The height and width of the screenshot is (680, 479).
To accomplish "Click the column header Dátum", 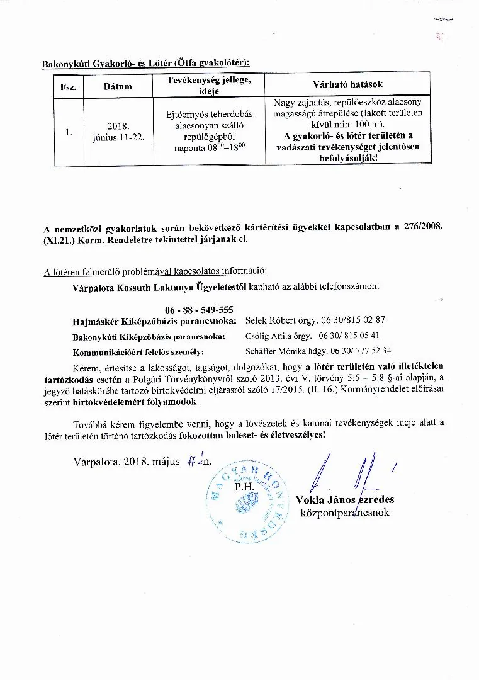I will (x=118, y=86).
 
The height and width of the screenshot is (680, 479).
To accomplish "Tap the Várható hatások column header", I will (x=347, y=84).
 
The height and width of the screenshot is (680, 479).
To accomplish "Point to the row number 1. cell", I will (x=69, y=132).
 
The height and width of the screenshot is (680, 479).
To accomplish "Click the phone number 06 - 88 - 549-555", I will (x=200, y=310).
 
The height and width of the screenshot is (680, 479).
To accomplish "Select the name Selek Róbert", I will (x=269, y=320).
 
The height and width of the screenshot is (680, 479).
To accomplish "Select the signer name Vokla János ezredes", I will (x=345, y=499).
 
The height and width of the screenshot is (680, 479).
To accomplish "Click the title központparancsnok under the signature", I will (x=345, y=513).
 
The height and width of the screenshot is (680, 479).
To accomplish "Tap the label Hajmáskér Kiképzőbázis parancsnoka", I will (x=154, y=321).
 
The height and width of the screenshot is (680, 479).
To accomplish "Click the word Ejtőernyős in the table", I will (x=186, y=114).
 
